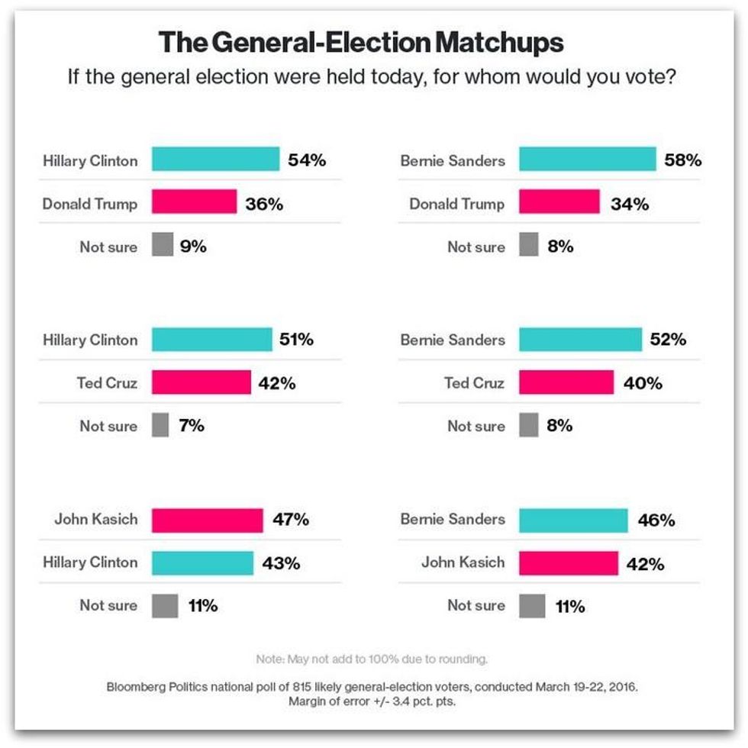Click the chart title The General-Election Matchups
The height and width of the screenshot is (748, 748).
[x=360, y=43]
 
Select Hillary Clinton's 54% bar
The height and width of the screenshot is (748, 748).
[x=215, y=160]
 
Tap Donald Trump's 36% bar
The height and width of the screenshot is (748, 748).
[x=194, y=202]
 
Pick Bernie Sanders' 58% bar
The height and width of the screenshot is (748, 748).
[x=587, y=160]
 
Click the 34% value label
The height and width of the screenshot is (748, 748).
[x=629, y=204]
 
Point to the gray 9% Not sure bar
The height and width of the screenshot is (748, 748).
[x=162, y=246]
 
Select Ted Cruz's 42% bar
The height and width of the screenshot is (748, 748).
[x=201, y=382]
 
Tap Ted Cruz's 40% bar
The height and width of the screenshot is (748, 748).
[x=566, y=382]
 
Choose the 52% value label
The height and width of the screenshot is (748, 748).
[x=667, y=340]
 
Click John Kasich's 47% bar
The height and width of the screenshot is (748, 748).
[x=207, y=520]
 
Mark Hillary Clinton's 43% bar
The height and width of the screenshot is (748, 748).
[x=202, y=563]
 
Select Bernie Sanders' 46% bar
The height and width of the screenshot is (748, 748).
[x=572, y=520]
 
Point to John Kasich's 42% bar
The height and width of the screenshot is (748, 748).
[x=568, y=563]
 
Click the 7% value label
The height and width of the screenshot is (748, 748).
[x=192, y=426]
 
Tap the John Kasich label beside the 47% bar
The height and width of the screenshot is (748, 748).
[x=96, y=519]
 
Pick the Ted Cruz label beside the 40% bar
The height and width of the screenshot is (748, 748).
[x=474, y=382]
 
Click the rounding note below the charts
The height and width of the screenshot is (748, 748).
[x=372, y=659]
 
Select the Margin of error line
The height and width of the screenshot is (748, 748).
[x=372, y=701]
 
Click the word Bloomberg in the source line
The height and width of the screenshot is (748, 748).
[x=137, y=687]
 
